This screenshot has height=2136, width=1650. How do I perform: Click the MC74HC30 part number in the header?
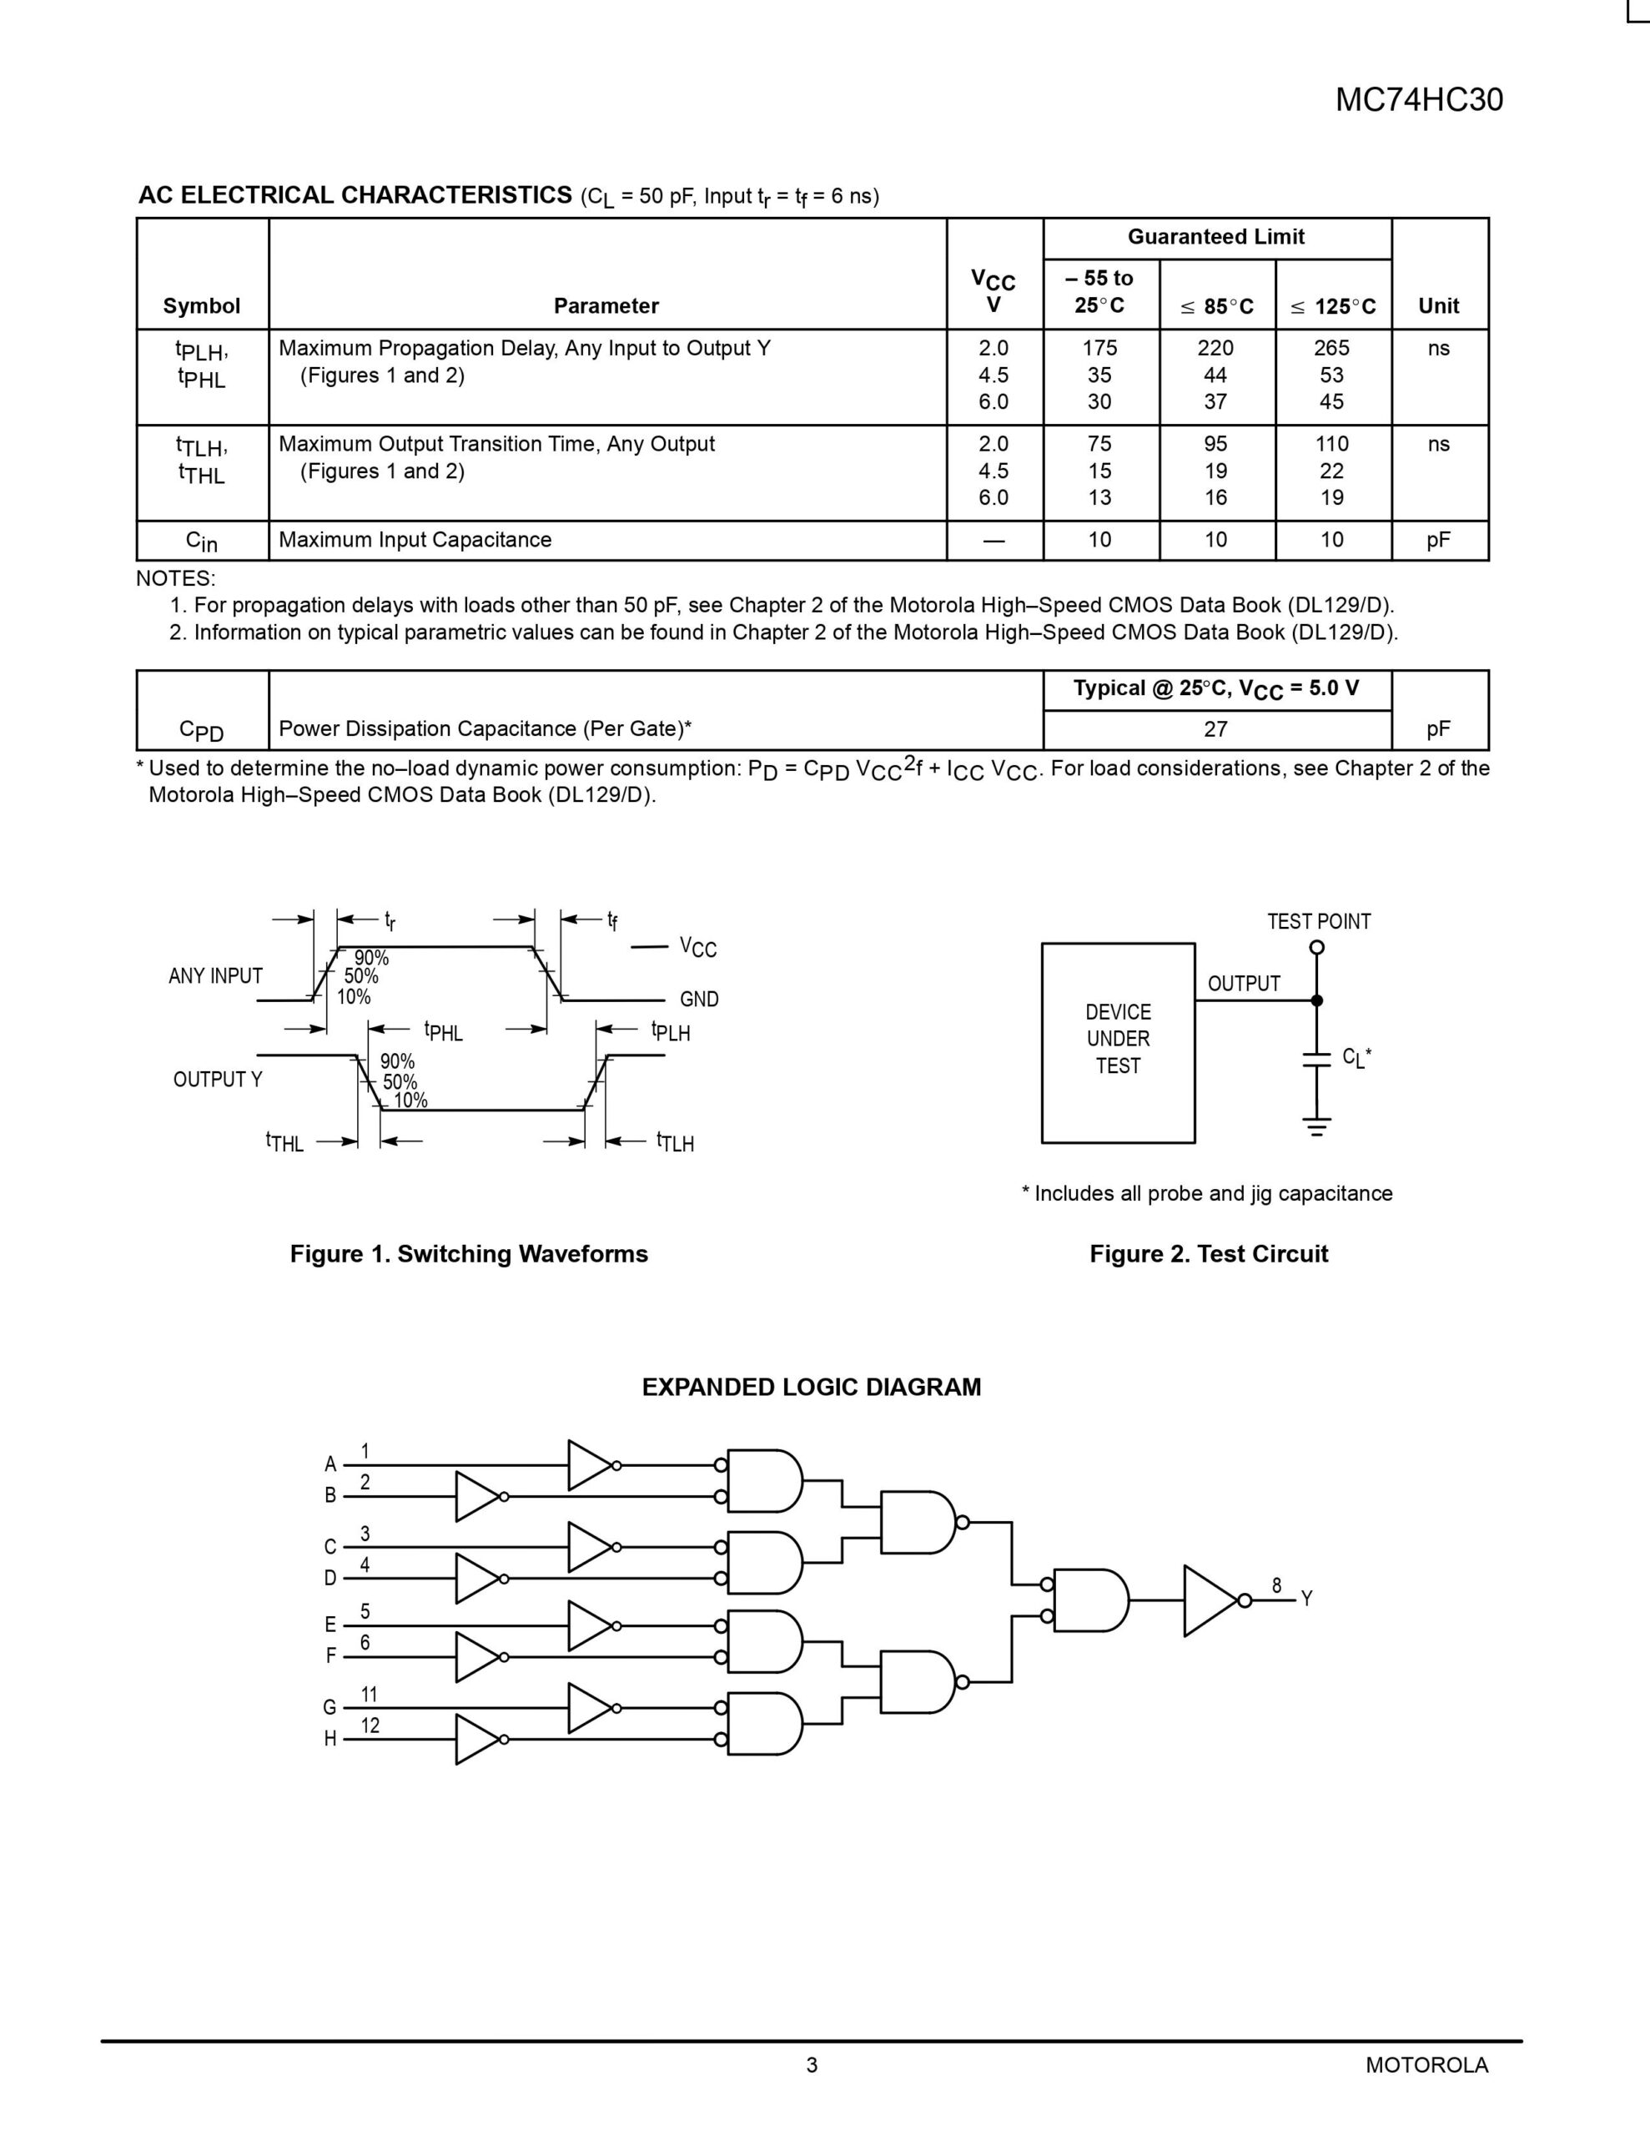pos(1418,100)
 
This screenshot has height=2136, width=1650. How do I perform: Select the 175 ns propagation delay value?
pos(1099,348)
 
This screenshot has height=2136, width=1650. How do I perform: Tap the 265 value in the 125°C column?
pos(1331,348)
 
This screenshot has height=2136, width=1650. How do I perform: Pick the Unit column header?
pos(1438,306)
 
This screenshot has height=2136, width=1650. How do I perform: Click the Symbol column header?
pos(202,306)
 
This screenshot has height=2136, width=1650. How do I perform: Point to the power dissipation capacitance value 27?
pos(1215,728)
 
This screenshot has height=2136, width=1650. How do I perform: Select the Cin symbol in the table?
pos(202,541)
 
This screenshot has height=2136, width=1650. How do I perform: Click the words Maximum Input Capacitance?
pos(415,540)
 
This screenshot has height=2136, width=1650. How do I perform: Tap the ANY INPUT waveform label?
pos(215,976)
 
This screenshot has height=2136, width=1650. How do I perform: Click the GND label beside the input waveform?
pos(698,1000)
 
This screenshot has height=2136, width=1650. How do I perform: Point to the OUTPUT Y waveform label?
pos(217,1080)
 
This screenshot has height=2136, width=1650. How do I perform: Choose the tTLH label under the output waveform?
pos(675,1142)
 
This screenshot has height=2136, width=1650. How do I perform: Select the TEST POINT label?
pos(1319,921)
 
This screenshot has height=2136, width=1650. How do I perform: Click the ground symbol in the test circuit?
pos(1316,1126)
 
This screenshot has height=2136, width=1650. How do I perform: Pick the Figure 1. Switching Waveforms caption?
pos(469,1254)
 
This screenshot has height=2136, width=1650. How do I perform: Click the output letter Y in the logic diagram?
pos(1306,1599)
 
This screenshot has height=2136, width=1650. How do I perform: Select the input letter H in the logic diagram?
pos(330,1739)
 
